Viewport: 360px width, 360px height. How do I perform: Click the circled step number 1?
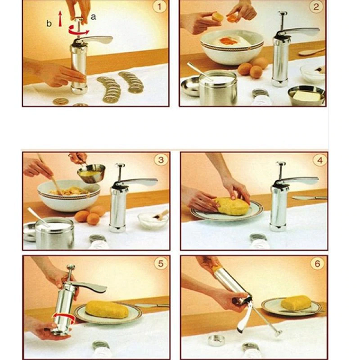[159, 8]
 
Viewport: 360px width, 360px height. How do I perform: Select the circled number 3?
[160, 160]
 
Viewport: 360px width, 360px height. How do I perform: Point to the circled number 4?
[318, 160]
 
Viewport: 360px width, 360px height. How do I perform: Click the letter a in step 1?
[93, 17]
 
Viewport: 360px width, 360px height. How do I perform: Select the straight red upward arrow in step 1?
[60, 19]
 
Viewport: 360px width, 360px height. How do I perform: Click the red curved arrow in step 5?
[65, 316]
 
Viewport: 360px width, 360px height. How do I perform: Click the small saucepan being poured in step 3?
[91, 173]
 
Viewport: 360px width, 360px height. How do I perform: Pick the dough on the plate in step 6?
[296, 303]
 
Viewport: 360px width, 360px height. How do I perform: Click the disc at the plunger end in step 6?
[277, 332]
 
